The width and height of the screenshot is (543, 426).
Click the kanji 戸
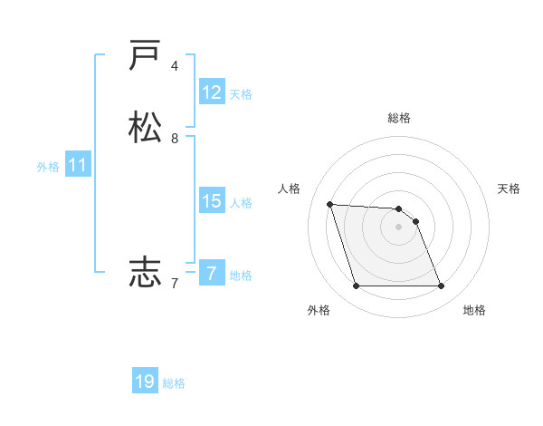[x=145, y=56]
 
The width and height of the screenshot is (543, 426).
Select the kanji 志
[x=145, y=271]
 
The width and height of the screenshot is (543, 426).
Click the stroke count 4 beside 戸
[x=175, y=66]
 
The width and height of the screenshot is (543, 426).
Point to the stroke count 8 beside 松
[x=175, y=139]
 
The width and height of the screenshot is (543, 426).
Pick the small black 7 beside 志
[x=175, y=284]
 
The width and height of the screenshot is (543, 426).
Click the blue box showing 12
[x=212, y=92]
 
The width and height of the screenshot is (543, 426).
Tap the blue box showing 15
[x=212, y=201]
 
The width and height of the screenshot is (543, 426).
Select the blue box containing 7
[x=212, y=274]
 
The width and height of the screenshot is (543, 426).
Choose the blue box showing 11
[x=78, y=165]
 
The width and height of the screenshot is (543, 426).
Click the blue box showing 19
[x=145, y=382]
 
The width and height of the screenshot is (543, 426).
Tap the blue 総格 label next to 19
[x=174, y=383]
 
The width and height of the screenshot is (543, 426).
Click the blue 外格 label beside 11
[x=48, y=167]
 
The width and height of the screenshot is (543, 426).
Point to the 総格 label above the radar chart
[x=399, y=118]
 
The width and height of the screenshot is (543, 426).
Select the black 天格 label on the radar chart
[x=510, y=189]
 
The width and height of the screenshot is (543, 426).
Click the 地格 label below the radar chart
[x=474, y=310]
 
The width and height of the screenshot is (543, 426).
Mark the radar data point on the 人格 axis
[x=329, y=204]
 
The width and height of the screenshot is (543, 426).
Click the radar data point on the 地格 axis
[x=442, y=286]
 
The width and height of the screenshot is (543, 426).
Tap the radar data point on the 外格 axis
[x=356, y=286]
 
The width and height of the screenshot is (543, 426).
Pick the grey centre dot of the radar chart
[x=399, y=227]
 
